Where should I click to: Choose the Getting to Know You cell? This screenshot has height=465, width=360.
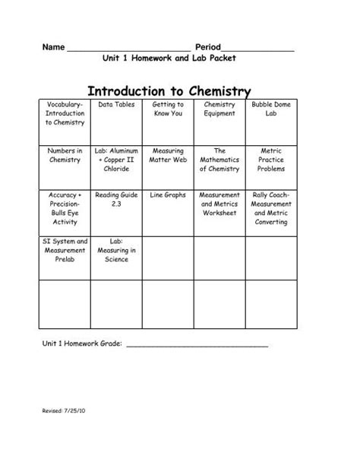(168, 109)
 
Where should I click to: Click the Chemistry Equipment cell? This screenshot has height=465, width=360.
(219, 109)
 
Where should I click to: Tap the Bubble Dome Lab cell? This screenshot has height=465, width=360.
(271, 109)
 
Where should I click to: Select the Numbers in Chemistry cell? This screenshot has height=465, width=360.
(65, 156)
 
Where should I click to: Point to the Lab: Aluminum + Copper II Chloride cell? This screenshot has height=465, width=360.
(116, 160)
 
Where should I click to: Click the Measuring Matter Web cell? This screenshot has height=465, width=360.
(168, 156)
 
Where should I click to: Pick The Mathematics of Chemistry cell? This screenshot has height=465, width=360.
(219, 160)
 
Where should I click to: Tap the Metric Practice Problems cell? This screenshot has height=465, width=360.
(271, 160)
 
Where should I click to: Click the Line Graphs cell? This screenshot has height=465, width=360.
(168, 195)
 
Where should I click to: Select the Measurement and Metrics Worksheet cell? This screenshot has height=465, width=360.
(219, 204)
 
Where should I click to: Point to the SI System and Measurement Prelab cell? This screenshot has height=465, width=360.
(65, 250)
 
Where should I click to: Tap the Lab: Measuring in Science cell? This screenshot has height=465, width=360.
(116, 250)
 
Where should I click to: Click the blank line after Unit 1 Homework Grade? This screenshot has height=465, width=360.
(196, 344)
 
